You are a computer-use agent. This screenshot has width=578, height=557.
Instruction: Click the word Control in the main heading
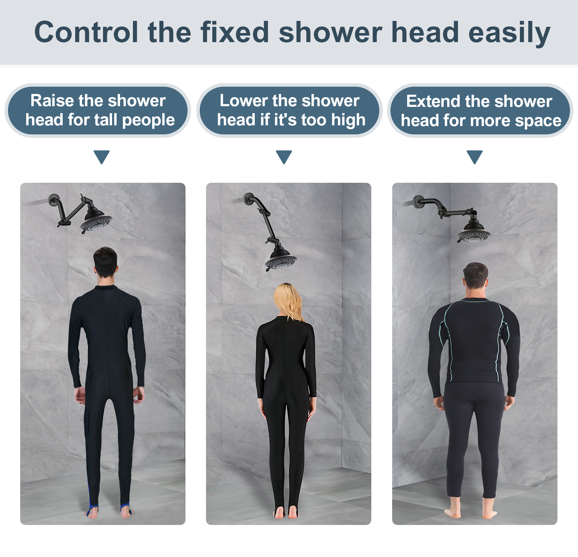[x=86, y=32]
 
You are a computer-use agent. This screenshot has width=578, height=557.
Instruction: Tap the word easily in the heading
[x=509, y=33]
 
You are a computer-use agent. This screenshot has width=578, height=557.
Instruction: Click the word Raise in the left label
[x=53, y=101]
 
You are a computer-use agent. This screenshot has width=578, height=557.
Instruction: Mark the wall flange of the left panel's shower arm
[x=54, y=201]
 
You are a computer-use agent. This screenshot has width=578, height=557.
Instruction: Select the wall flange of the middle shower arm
[x=249, y=199]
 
